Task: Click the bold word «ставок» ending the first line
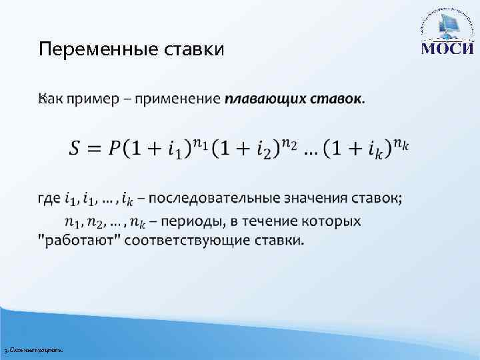(x=337, y=99)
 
